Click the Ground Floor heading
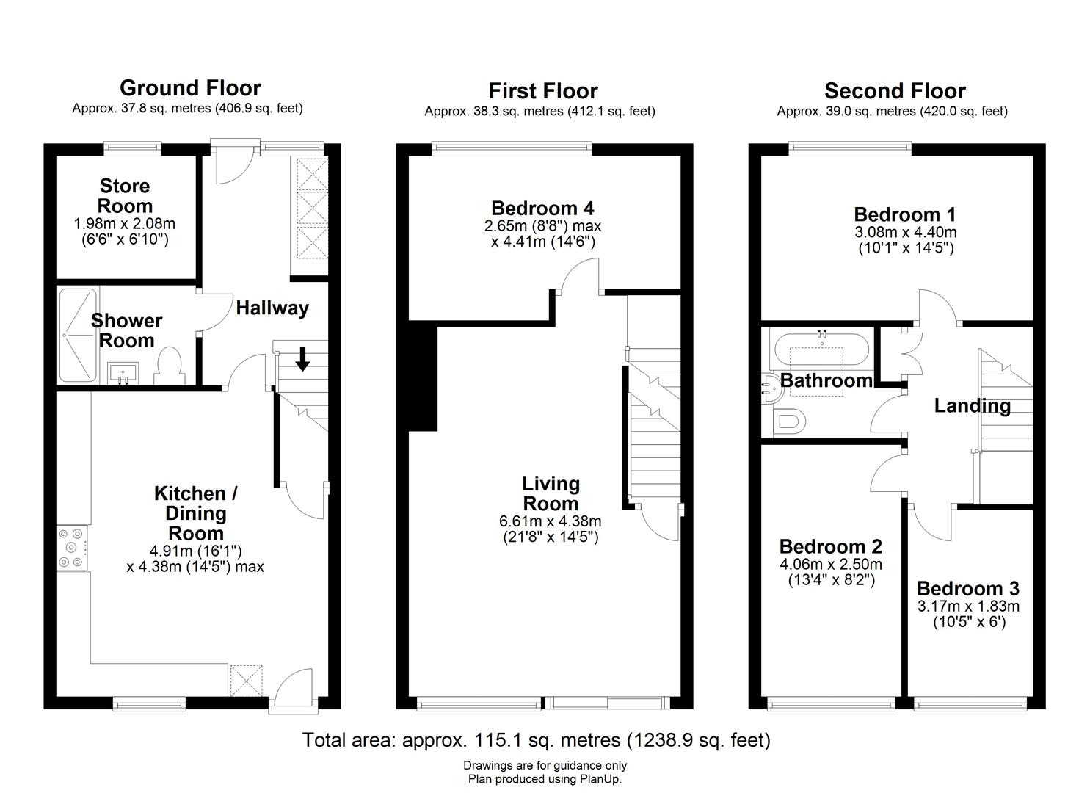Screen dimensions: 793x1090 point(190,88)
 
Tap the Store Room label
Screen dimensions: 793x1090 point(125,196)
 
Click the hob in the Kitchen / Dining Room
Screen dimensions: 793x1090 point(72,548)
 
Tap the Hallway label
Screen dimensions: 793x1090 point(272,308)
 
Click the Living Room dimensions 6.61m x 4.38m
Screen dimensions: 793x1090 point(550,522)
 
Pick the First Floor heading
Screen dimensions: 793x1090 point(543,91)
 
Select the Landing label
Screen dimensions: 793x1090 point(972,405)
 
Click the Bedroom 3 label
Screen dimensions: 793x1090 point(967,589)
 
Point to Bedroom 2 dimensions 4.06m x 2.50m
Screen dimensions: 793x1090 point(830,565)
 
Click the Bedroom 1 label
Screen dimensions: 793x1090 point(904,215)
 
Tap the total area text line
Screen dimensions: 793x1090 point(537,740)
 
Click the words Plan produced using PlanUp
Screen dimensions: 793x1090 point(545,780)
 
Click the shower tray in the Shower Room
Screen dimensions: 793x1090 point(77,335)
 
